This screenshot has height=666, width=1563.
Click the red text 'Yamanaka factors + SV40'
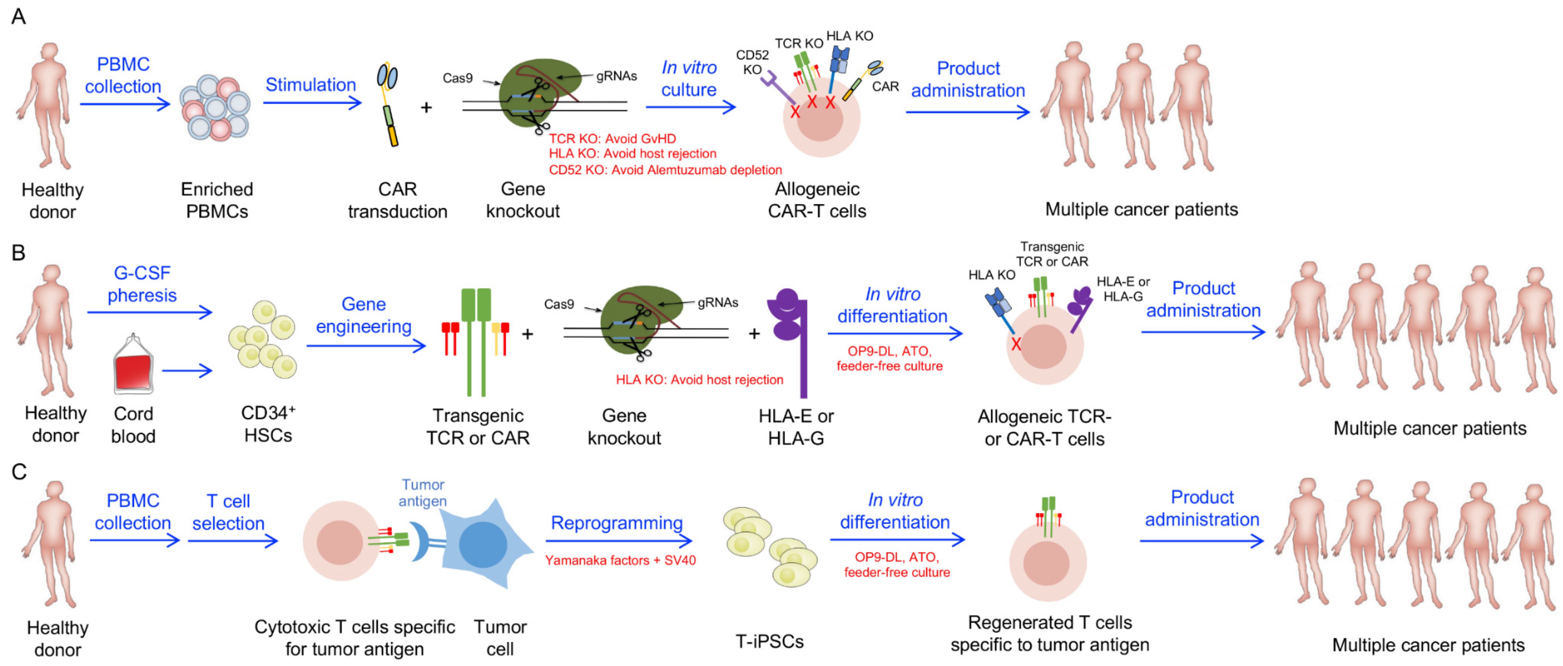pos(620,560)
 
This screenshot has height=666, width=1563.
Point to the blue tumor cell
pos(482,544)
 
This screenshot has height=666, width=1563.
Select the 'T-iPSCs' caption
pos(769,641)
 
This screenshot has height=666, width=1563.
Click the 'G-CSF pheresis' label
pos(142,284)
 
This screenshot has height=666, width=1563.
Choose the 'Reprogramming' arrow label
pos(617,523)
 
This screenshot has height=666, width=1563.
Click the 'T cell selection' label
pos(228,512)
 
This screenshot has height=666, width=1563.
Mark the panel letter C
pos(19,471)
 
